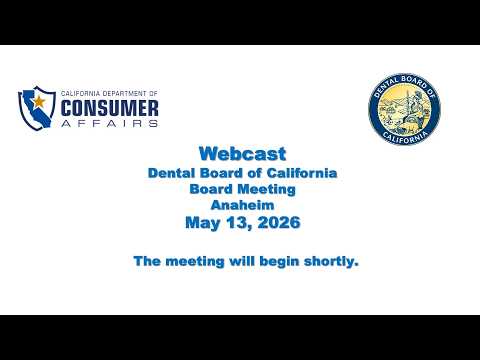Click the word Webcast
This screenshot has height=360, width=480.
point(243,154)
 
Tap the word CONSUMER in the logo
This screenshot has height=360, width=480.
point(110,109)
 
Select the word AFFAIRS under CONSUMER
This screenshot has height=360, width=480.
point(110,123)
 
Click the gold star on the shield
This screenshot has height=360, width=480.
point(39,101)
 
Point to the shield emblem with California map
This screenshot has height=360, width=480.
point(37,108)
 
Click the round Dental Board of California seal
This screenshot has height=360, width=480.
point(404,109)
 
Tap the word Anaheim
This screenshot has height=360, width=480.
point(243,205)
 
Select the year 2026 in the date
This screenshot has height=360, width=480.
point(279,222)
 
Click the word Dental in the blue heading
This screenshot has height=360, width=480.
point(169,173)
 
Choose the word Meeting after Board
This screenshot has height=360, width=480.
point(266,189)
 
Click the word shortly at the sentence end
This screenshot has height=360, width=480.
point(331,261)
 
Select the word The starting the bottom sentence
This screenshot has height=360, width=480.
point(147,261)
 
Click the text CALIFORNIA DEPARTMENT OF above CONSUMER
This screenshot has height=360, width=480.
point(109,94)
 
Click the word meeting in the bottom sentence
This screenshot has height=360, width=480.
point(195,262)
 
